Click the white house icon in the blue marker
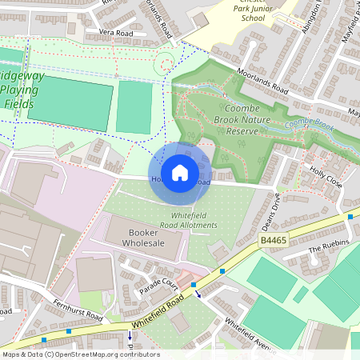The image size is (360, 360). coord(180,172)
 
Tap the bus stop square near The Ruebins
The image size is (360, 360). coord(350,217)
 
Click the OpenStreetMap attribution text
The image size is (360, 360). coord(80,354)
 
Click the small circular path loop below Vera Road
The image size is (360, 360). coord(166,61)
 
